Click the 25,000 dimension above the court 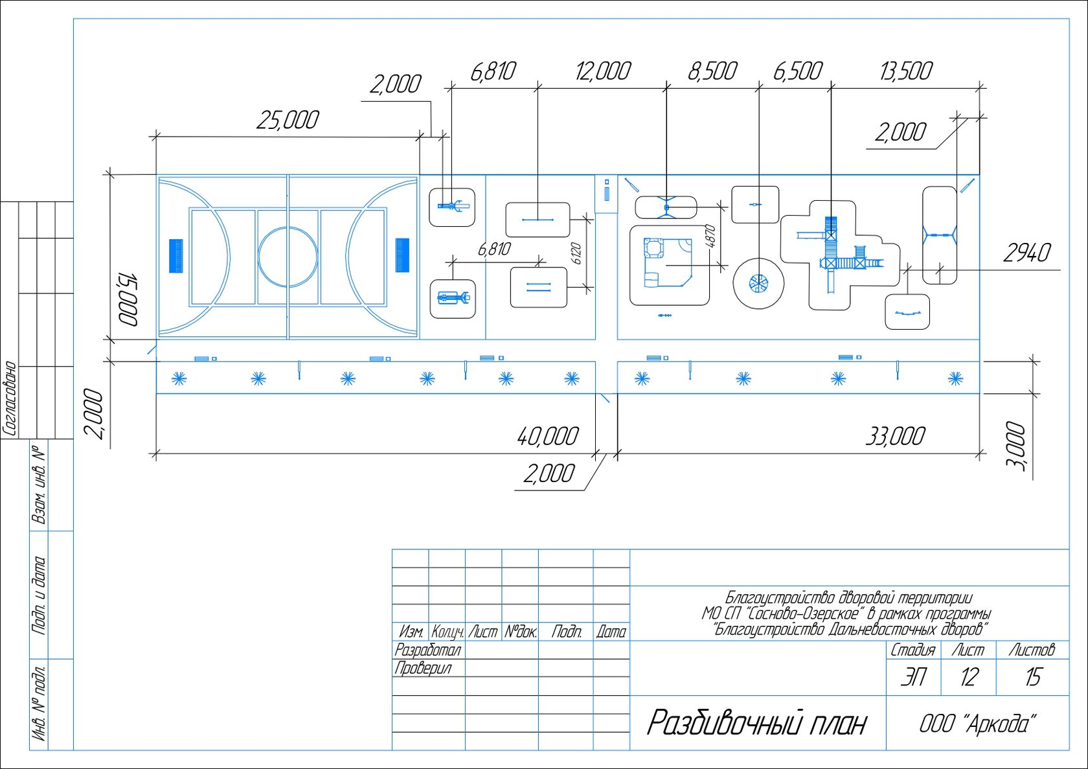(287, 120)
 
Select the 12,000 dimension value (603, 71)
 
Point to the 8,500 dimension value (712, 71)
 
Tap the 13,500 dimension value (906, 71)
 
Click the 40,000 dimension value (547, 436)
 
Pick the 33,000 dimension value (895, 436)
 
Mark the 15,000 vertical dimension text (128, 299)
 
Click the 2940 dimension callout (1027, 253)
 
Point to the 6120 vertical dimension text (577, 253)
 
